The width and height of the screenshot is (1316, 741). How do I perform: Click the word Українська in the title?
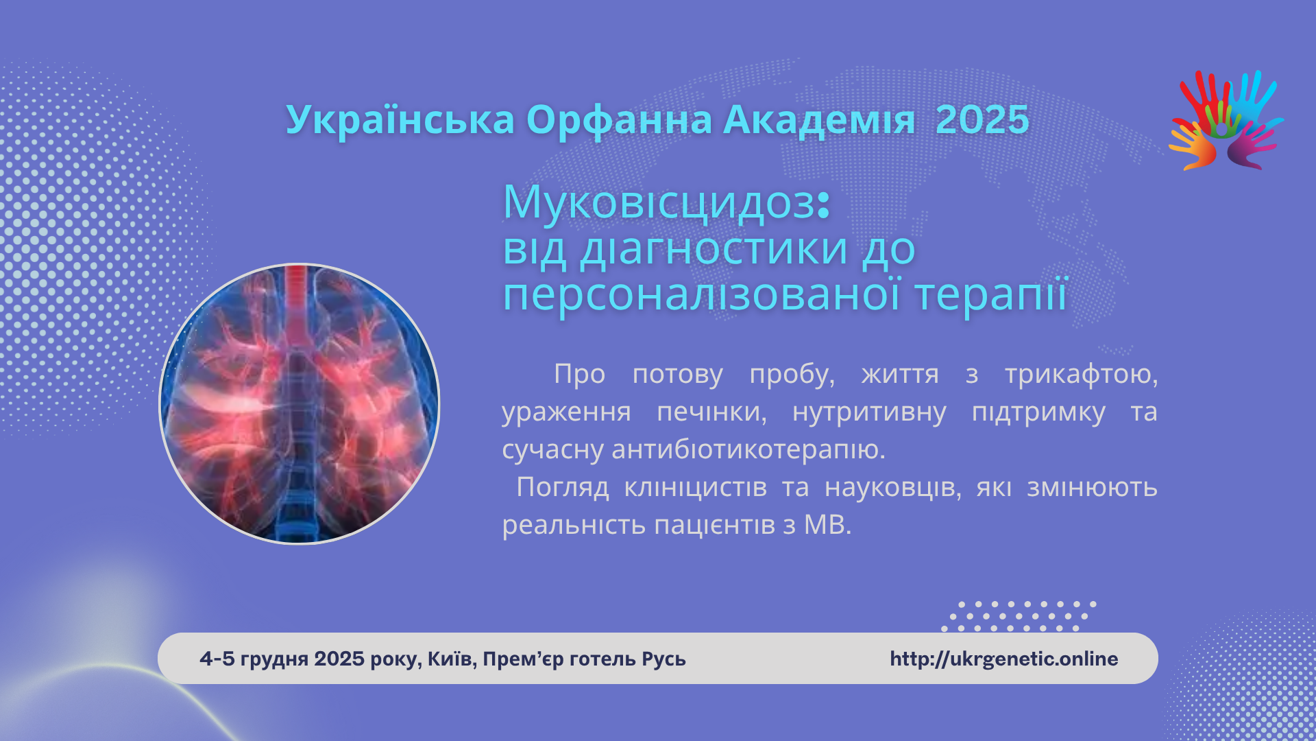(x=400, y=120)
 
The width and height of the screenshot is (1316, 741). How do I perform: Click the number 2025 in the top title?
(x=982, y=120)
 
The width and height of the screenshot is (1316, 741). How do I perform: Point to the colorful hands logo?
(x=1226, y=120)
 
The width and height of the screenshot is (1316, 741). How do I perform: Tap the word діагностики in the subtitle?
(x=714, y=248)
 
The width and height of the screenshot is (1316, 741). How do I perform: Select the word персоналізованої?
(x=702, y=294)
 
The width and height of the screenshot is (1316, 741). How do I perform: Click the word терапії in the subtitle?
(x=991, y=294)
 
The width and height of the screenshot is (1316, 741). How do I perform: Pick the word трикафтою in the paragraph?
(x=1081, y=375)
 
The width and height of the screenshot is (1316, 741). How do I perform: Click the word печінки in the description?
(x=711, y=412)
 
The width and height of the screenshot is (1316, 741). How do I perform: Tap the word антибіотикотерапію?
(x=748, y=449)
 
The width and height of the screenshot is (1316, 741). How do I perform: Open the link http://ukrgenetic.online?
(x=1004, y=659)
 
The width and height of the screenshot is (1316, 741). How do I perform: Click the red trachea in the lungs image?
(x=296, y=302)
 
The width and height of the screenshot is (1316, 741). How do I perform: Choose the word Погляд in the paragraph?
(x=563, y=488)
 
